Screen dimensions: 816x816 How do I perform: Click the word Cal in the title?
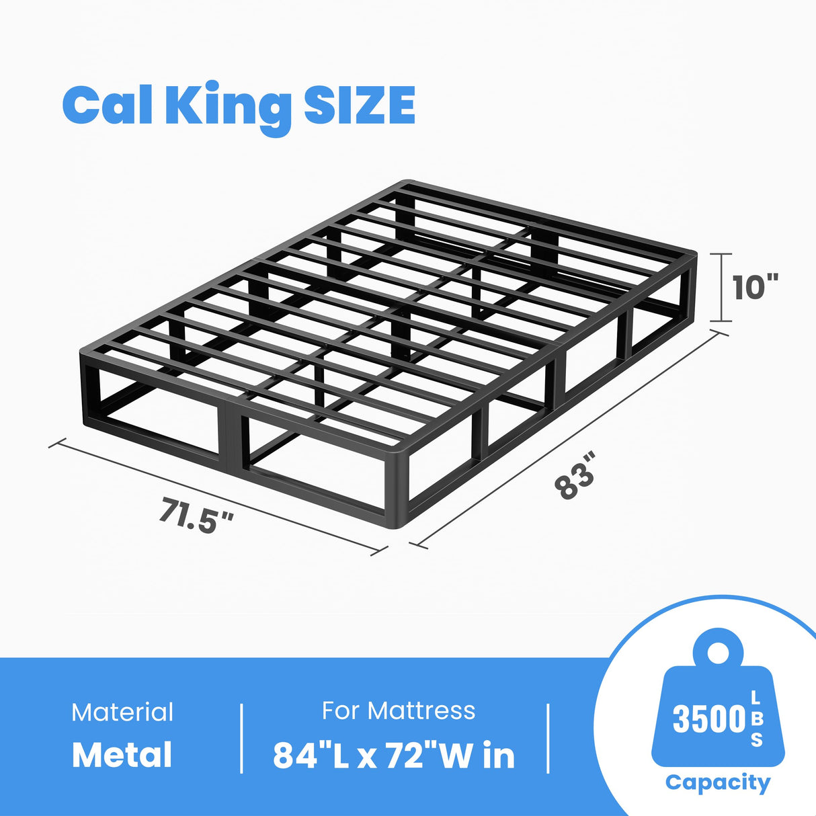coord(108,106)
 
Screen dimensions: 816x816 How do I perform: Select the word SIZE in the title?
coord(359,106)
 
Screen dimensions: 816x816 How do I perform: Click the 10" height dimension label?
coord(755,288)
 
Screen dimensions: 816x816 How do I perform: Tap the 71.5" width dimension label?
coord(197,514)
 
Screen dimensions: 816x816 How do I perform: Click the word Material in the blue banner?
coord(122,712)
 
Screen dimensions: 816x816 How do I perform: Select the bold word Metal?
coord(122,755)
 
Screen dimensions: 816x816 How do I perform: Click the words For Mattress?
coord(398,710)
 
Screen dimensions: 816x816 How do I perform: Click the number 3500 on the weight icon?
coord(709,719)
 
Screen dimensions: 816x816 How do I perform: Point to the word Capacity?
coord(717,782)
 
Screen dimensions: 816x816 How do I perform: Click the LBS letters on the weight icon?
coord(757,719)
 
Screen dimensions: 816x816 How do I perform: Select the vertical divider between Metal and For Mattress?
coord(241,738)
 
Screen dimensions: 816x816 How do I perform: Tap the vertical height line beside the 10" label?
coord(723,288)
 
